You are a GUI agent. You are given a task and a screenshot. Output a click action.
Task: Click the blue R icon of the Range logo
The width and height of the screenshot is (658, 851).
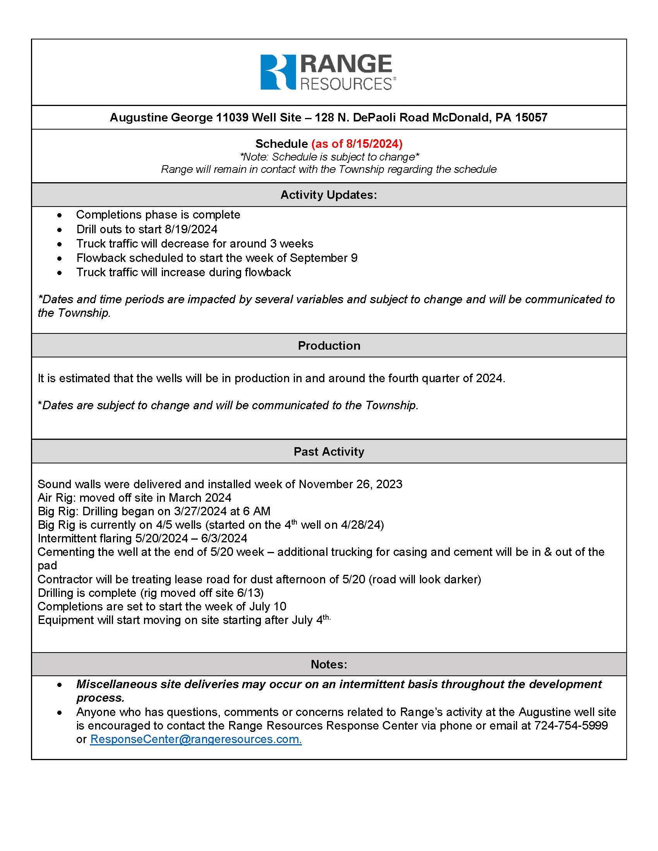click(x=278, y=72)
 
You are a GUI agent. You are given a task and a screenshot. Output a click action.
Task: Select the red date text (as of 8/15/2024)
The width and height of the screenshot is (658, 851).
click(x=357, y=144)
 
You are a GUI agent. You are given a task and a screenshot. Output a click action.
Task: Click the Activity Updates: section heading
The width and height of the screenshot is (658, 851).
click(x=329, y=195)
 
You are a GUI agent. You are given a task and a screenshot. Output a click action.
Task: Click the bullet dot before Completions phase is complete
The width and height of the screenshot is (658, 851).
click(x=59, y=215)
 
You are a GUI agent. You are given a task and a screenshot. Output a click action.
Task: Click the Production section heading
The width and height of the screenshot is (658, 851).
click(x=329, y=345)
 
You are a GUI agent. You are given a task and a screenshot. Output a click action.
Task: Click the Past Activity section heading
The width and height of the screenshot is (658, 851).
click(x=329, y=451)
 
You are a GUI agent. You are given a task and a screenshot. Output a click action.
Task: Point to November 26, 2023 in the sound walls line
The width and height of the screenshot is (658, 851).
click(x=350, y=484)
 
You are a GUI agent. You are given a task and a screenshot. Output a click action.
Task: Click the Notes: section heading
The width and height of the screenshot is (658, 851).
click(x=329, y=664)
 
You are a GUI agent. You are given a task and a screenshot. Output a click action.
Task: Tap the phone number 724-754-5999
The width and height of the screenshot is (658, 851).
click(x=571, y=726)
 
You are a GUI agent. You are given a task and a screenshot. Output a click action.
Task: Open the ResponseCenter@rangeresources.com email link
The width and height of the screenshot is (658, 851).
click(x=196, y=739)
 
